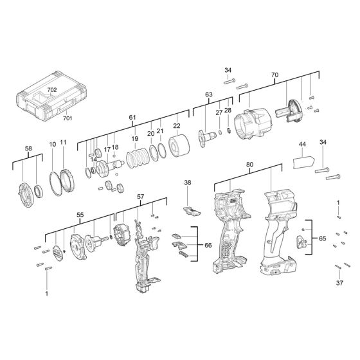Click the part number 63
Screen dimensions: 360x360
(209, 95)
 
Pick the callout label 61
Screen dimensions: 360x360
(132, 117)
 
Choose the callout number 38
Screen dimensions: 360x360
(188, 183)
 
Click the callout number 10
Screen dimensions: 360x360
(53, 145)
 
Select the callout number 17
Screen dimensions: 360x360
(107, 150)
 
